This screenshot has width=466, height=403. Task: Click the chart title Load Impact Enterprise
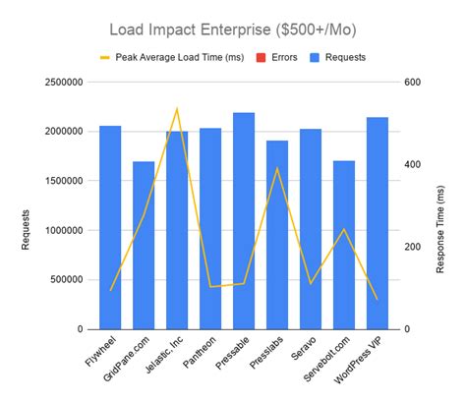[233, 30]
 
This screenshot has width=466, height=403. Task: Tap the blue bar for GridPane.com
[144, 245]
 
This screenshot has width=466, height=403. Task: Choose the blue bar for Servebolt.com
[344, 245]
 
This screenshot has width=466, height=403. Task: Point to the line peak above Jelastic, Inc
[177, 109]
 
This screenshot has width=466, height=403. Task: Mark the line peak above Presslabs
[277, 168]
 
